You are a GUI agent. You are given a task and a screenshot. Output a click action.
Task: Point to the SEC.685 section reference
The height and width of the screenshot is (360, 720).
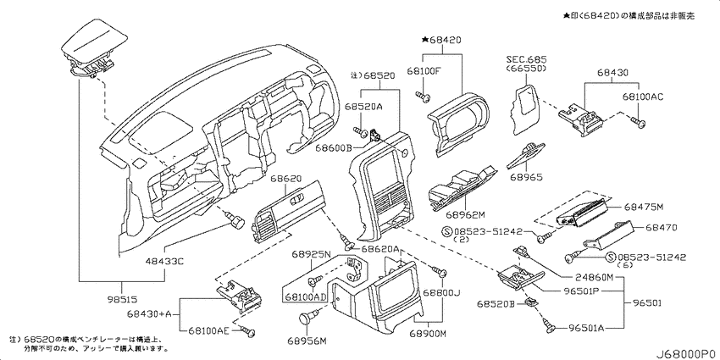point(527,59)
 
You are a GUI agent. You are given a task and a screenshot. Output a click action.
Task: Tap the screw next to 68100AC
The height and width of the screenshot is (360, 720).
point(640,125)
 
